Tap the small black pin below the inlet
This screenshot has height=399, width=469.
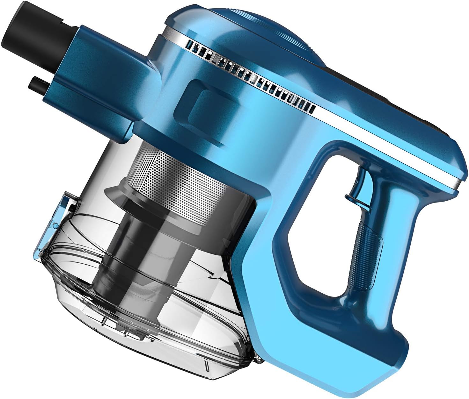pyautogui.click(x=39, y=85)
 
